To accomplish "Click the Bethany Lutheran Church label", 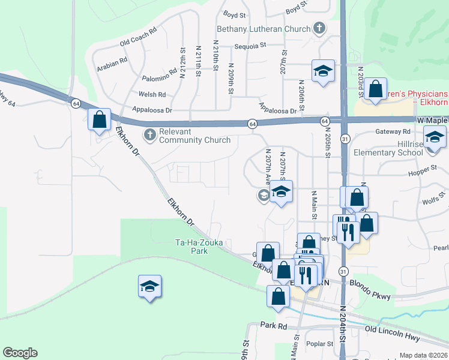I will (x=264, y=29).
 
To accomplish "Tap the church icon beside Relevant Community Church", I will (x=149, y=133).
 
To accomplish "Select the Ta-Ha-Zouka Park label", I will (x=191, y=247).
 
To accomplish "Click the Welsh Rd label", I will (x=152, y=94).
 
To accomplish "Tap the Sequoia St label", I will (x=251, y=45).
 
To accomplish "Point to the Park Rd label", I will (x=274, y=325).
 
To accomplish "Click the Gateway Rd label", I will (x=388, y=131).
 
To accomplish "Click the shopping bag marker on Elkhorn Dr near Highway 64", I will (x=98, y=119).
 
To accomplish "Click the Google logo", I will (x=20, y=353).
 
